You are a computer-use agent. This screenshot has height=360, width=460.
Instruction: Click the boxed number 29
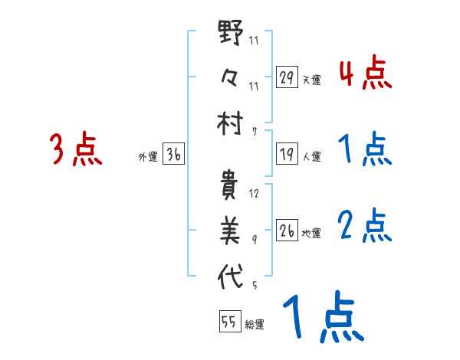pos(287,77)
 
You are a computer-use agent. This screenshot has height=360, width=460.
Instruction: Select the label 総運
pos(255,324)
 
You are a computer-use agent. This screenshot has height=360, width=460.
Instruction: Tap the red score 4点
pos(365,74)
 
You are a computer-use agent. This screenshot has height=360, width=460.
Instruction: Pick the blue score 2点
pos(365,225)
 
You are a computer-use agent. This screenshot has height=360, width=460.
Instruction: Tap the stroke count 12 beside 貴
pos(254,193)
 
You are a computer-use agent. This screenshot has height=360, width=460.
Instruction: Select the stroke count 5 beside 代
pos(254,286)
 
